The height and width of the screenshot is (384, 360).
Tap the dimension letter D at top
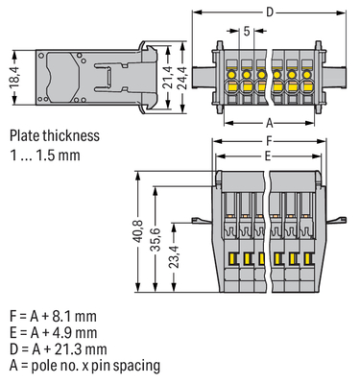click(x=268, y=12)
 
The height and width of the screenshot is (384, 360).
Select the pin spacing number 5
click(x=247, y=33)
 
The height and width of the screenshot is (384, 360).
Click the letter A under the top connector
click(x=268, y=122)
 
